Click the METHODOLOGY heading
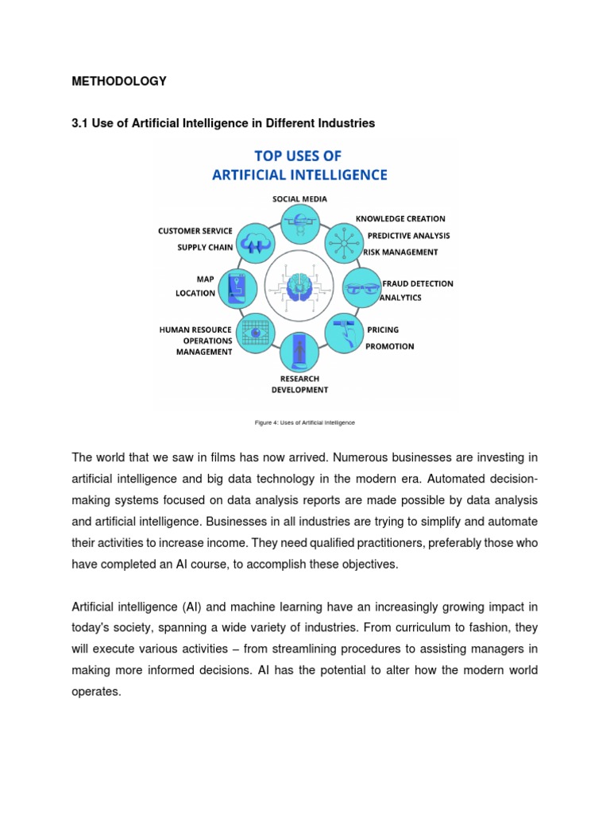pyautogui.click(x=119, y=81)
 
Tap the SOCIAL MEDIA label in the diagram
pyautogui.click(x=299, y=198)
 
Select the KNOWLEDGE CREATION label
pyautogui.click(x=400, y=218)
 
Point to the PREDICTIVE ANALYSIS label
pyautogui.click(x=408, y=235)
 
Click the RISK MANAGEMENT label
pyautogui.click(x=400, y=252)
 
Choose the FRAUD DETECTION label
pyautogui.click(x=418, y=283)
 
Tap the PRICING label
pyautogui.click(x=383, y=329)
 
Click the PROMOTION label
pyautogui.click(x=389, y=346)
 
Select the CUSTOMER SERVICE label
pyautogui.click(x=195, y=231)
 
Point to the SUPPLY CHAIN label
pyautogui.click(x=204, y=247)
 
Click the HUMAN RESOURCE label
pyautogui.click(x=195, y=329)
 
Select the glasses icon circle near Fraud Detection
pyautogui.click(x=361, y=287)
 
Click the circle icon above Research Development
pyautogui.click(x=299, y=351)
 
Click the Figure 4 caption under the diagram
pyautogui.click(x=304, y=422)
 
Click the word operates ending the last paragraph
pyautogui.click(x=95, y=692)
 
